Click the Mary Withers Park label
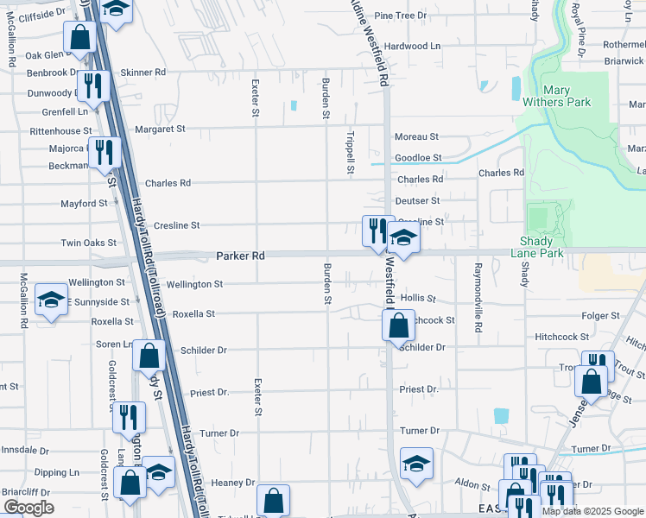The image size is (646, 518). pos(567,95)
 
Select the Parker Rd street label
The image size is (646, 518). pos(239,256)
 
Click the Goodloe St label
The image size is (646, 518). pos(418,158)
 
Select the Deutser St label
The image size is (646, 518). pos(418,200)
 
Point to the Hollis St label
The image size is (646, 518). pos(418,297)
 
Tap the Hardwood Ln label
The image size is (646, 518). pos(413,46)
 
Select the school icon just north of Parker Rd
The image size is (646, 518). pos(403,237)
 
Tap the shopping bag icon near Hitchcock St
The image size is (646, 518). pos(398,325)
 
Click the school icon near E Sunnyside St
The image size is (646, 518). pos(52,300)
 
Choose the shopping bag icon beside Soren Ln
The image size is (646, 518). pos(149,354)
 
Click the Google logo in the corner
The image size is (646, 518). pos(28,508)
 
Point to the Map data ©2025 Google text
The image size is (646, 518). pos(592,511)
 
